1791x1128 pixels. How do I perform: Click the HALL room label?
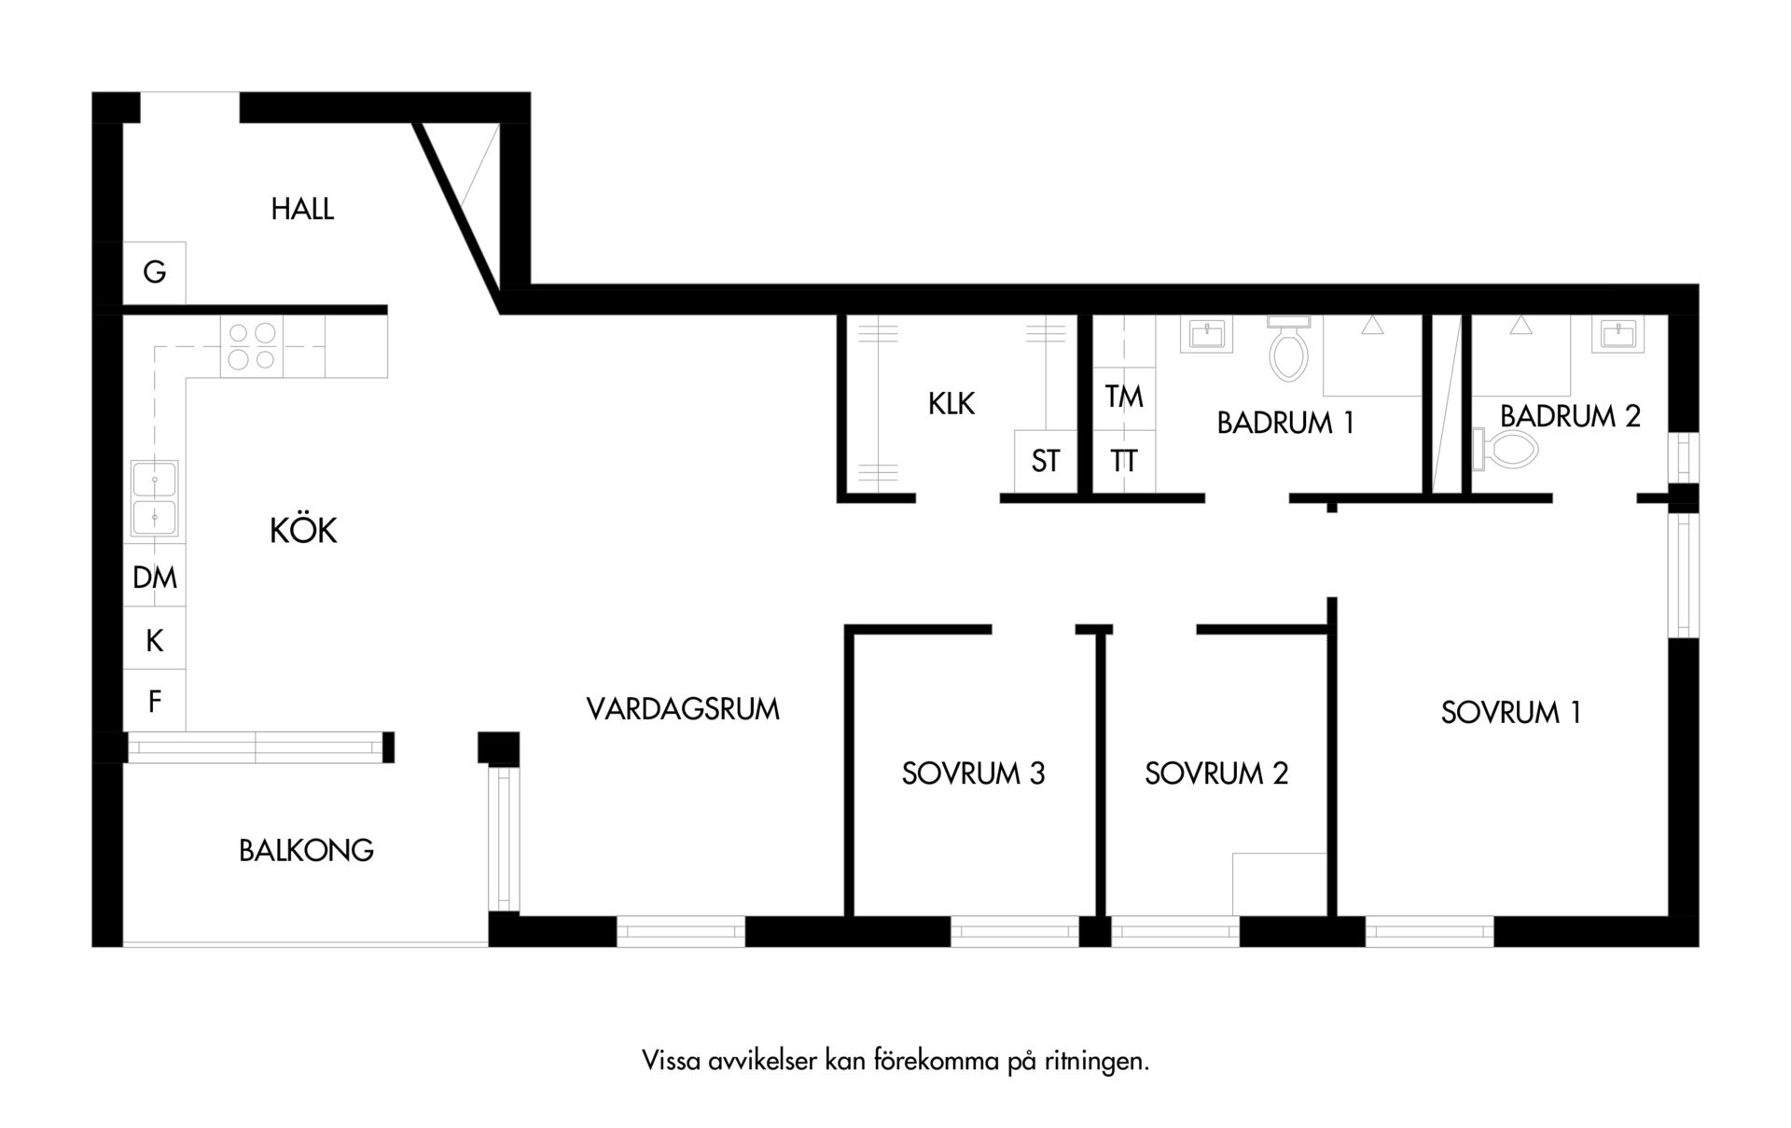click(302, 208)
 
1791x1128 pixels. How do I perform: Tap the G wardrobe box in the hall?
click(154, 272)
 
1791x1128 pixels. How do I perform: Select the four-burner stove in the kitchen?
click(252, 346)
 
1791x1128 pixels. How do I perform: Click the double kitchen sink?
click(154, 499)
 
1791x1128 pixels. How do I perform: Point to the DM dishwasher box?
click(154, 577)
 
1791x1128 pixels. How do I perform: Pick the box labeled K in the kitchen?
click(154, 639)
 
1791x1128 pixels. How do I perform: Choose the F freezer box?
click(154, 701)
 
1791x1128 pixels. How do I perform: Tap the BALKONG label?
click(306, 850)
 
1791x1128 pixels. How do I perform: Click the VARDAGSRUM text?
click(683, 709)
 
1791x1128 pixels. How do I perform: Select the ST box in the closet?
click(1046, 461)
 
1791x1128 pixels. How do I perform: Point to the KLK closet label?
click(951, 403)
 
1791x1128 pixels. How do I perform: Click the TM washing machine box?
click(1124, 397)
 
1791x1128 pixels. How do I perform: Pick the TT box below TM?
click(1124, 461)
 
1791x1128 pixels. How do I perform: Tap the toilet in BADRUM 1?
click(1288, 347)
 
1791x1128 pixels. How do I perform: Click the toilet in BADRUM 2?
click(1505, 449)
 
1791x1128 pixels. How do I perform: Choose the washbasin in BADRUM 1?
click(1206, 334)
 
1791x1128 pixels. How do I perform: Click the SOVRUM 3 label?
click(973, 773)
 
